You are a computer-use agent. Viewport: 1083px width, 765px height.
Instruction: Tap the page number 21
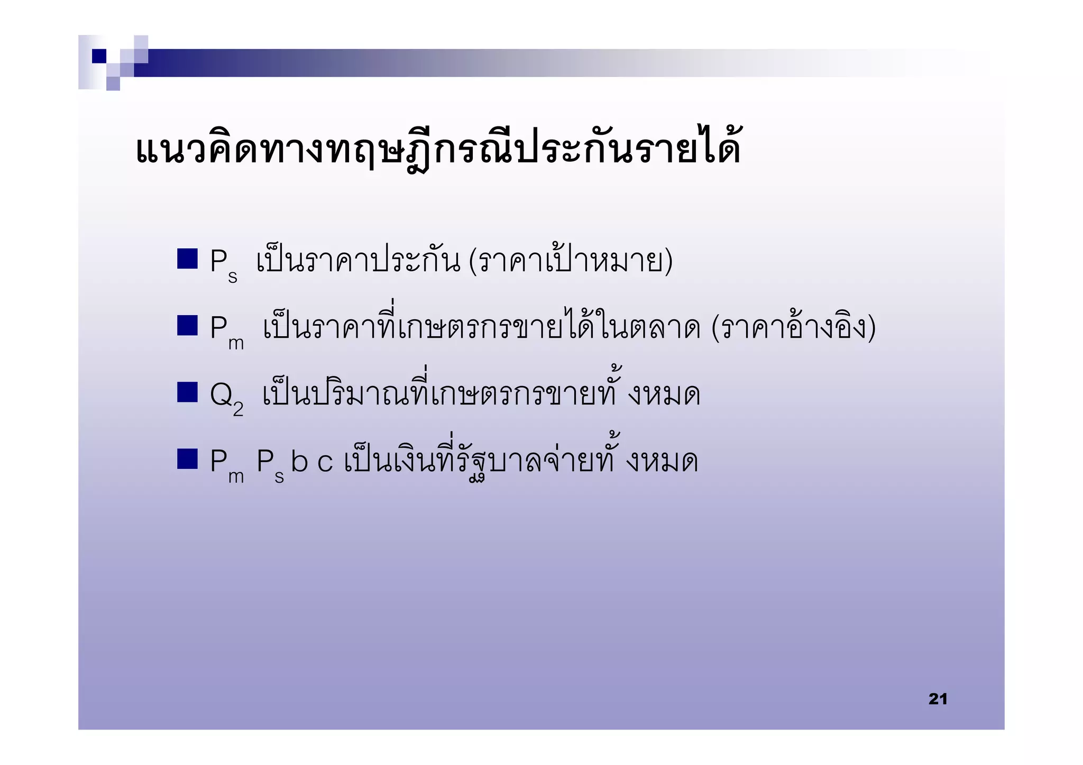point(938,698)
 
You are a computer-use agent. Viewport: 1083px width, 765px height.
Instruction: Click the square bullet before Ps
point(187,259)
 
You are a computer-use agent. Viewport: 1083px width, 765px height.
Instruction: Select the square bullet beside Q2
point(187,392)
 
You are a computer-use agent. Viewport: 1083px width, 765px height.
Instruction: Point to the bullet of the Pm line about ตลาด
point(187,326)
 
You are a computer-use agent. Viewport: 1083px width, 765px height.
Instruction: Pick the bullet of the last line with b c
point(187,459)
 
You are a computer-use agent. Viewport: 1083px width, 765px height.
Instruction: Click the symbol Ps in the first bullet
point(223,264)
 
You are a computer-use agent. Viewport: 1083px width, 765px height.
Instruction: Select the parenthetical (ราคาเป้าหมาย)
point(571,261)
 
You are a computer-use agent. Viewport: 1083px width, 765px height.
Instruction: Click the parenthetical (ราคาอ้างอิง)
point(793,328)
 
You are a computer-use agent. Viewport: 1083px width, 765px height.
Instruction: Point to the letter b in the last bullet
point(299,461)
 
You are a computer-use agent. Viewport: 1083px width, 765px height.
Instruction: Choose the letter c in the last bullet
point(325,463)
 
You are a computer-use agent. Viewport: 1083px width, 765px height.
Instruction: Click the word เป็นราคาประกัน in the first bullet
point(358,261)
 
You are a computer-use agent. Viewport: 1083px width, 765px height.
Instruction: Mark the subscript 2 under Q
point(238,409)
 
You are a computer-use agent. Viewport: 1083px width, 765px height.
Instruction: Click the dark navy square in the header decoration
point(99,56)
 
